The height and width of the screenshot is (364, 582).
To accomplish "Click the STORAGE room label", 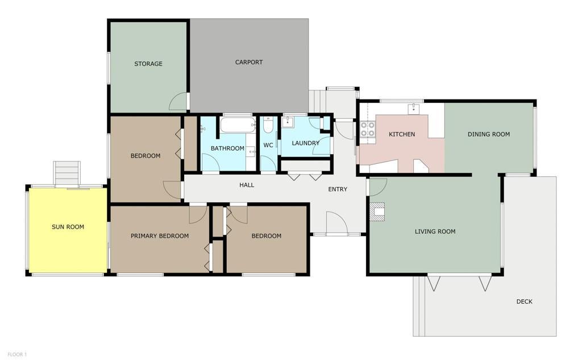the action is click(x=148, y=64).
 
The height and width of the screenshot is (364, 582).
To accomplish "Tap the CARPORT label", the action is click(x=249, y=63).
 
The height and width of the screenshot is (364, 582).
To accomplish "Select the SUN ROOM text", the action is click(x=68, y=227).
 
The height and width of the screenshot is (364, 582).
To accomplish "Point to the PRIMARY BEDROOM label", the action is click(x=160, y=236).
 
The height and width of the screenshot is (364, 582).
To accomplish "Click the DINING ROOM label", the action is click(x=488, y=134).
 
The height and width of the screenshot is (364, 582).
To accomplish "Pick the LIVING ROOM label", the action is click(x=435, y=232).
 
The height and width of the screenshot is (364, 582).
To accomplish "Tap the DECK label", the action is click(x=524, y=301).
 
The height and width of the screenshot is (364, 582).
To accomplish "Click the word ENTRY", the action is click(x=338, y=189).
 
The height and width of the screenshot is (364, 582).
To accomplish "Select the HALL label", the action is click(x=247, y=185).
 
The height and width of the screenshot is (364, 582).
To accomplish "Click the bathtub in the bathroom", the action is click(x=238, y=125).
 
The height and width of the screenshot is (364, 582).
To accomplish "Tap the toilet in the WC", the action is click(x=268, y=125).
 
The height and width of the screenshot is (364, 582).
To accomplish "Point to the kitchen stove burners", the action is click(x=368, y=129).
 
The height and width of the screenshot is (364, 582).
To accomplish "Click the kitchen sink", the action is click(x=413, y=109).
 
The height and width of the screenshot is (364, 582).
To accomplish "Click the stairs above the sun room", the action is click(x=67, y=173).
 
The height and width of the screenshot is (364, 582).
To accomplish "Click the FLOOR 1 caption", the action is click(x=17, y=355).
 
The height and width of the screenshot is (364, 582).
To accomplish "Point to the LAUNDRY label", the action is click(x=305, y=143).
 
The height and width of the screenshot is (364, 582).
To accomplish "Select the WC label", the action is click(x=268, y=145).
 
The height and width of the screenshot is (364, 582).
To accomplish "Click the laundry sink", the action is click(x=288, y=122).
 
